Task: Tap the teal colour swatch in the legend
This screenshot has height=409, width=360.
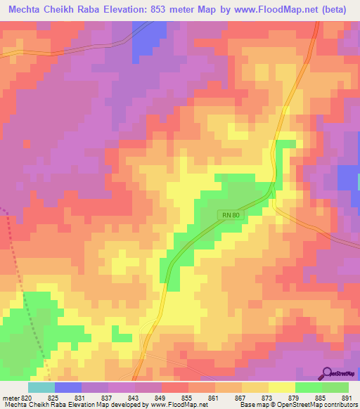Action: click(41, 387)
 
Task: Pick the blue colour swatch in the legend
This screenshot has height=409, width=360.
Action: click(68, 387)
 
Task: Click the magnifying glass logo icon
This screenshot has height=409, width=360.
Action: click(327, 373)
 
